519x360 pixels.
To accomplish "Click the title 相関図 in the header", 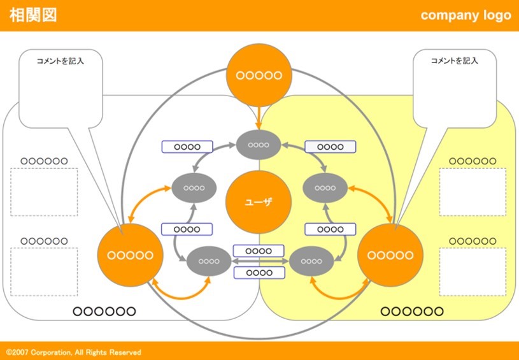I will (x=33, y=15).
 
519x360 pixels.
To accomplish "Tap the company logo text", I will (x=466, y=15).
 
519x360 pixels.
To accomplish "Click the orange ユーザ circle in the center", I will (x=259, y=202).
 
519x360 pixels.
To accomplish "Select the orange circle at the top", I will (x=259, y=75).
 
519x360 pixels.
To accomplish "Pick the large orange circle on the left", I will (x=130, y=255).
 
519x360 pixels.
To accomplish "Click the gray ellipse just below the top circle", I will (x=259, y=145).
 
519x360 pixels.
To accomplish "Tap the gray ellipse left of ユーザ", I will (x=194, y=188).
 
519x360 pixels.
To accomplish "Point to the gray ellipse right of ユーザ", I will (x=325, y=188).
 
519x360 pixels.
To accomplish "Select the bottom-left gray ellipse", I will (x=208, y=261).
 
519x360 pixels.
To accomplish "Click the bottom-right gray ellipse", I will (x=311, y=261).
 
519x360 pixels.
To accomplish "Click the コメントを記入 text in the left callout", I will (x=60, y=61).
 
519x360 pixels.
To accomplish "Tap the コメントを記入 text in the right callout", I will (x=454, y=61).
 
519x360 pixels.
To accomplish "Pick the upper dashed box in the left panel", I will (x=44, y=192).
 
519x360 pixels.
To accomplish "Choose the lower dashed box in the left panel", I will (x=44, y=271).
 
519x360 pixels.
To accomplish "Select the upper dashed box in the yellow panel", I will (x=473, y=192).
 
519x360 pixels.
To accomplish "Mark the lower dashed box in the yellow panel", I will (x=473, y=271).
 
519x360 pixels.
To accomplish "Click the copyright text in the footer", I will (x=73, y=352).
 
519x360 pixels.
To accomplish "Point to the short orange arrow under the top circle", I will (x=259, y=117).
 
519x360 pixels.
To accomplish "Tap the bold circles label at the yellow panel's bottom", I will (x=411, y=312).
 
